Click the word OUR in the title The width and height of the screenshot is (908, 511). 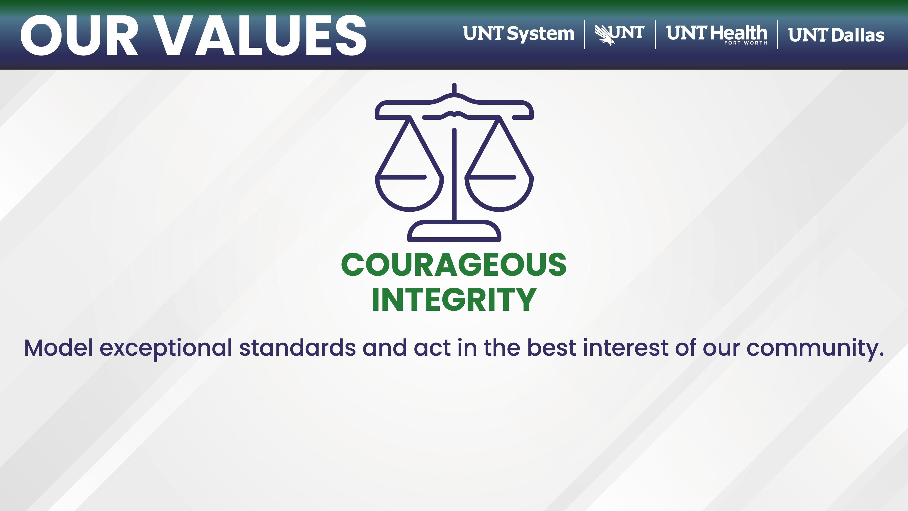point(79,35)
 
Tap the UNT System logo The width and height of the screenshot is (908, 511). point(518,34)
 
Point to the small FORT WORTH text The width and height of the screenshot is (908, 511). point(745,43)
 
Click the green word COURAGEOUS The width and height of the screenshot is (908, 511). point(454,265)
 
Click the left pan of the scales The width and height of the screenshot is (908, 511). point(409,193)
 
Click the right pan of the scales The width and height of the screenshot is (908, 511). point(499,193)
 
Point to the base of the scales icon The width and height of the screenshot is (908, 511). point(454,231)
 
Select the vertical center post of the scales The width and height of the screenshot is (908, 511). point(454,175)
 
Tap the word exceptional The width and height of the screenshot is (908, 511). point(166,349)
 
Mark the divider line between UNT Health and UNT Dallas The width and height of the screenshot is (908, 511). point(777,35)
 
